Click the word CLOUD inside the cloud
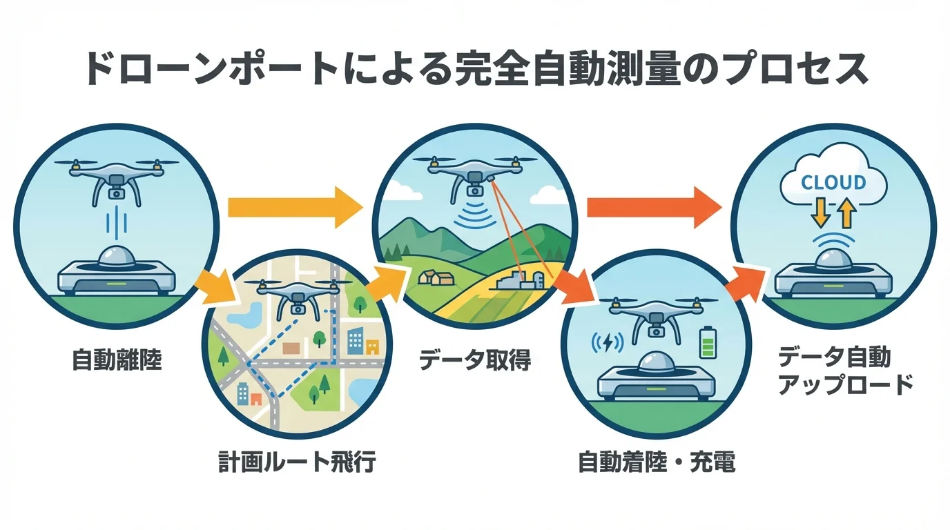point(833,183)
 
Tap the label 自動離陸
point(117,360)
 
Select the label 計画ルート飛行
point(298,462)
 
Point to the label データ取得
point(475,360)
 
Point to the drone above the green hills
point(476,173)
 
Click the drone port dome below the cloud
point(832,260)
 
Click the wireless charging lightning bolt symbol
point(606,342)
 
